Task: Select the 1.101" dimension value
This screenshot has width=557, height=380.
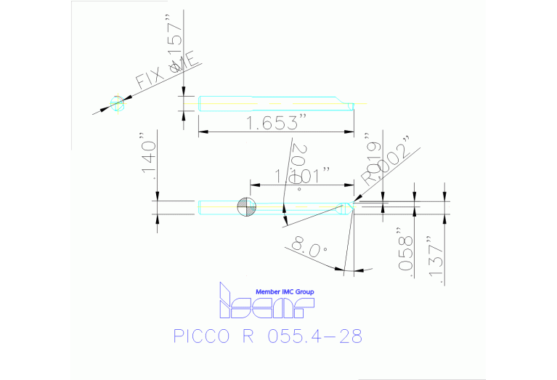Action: point(302,175)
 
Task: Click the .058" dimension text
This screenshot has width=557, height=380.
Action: point(406,254)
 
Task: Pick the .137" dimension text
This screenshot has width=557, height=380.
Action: point(436,259)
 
